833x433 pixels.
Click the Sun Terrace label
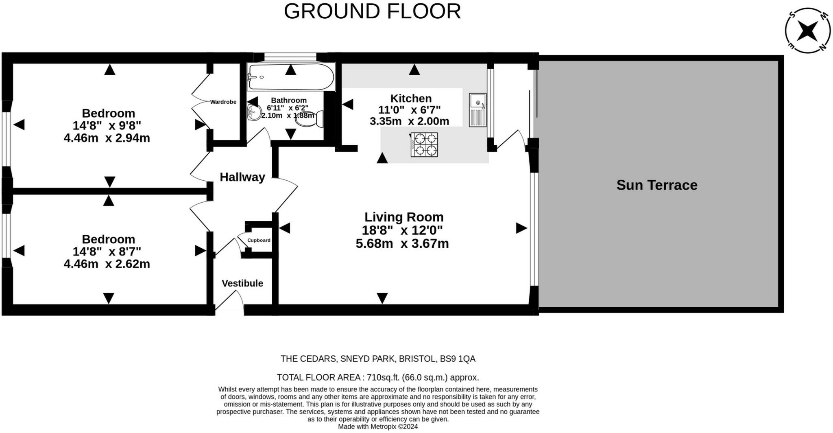tap(657, 185)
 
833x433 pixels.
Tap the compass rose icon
tap(807, 31)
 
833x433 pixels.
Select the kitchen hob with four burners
tap(424, 145)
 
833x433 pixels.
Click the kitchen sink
tap(478, 110)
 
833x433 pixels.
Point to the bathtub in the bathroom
tap(291, 77)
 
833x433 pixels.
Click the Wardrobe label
tap(223, 102)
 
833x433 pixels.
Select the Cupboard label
tap(259, 240)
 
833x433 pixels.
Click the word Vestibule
tap(242, 283)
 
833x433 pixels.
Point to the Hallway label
tap(242, 177)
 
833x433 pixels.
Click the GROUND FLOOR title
tap(372, 11)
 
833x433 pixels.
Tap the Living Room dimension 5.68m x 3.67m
tap(402, 244)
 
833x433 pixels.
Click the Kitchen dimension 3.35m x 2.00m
tap(409, 121)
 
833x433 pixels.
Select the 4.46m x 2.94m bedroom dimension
tap(107, 138)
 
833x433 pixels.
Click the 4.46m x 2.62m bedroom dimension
tap(107, 264)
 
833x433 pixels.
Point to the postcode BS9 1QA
tap(458, 359)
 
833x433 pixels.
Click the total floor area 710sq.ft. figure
tap(384, 377)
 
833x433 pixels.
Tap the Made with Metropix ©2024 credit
tap(378, 426)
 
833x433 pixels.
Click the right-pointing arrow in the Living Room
tap(521, 228)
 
